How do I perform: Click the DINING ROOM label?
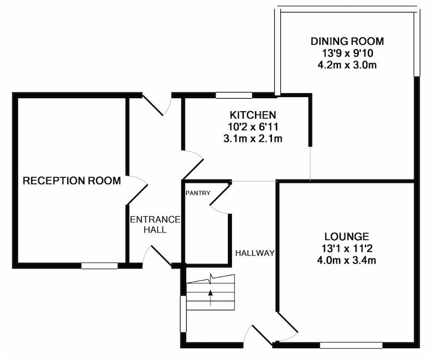347,41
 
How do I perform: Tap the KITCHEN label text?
253,115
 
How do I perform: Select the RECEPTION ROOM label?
72,181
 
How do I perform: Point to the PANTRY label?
198,193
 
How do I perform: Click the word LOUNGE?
346,236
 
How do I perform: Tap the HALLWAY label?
255,253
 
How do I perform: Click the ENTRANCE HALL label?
155,225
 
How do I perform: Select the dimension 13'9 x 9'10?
347,53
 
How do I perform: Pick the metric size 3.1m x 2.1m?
253,138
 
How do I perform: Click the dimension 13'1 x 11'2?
346,248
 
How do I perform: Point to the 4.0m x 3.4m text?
346,260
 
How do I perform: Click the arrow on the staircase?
210,297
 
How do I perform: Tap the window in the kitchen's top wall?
234,95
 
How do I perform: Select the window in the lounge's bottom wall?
351,345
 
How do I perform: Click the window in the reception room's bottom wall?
99,266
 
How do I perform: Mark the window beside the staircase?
183,314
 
